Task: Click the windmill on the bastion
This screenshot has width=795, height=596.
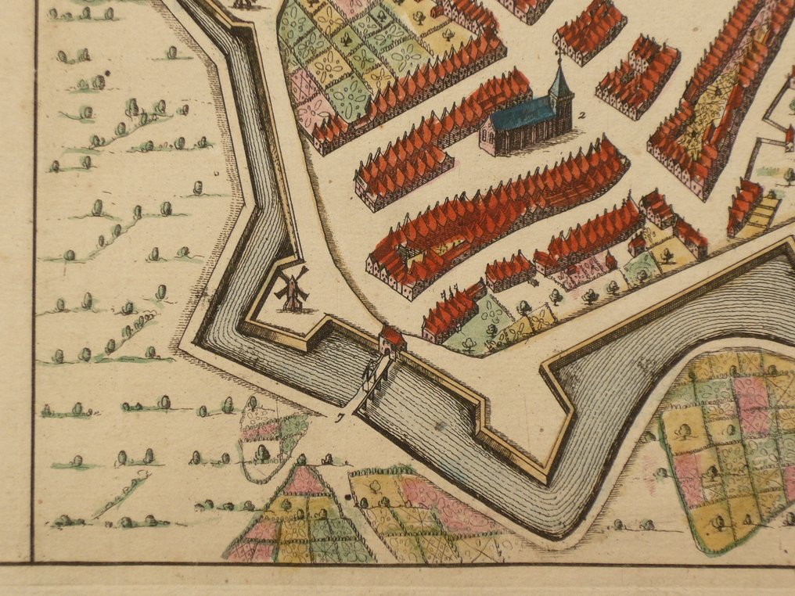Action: pyautogui.click(x=292, y=291)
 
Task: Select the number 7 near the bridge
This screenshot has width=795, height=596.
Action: pyautogui.click(x=340, y=418)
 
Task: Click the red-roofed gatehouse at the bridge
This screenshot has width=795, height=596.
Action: pyautogui.click(x=391, y=340)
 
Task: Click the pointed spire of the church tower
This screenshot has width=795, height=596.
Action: pyautogui.click(x=560, y=78)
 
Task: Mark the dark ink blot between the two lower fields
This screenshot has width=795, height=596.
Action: pyautogui.click(x=347, y=495)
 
